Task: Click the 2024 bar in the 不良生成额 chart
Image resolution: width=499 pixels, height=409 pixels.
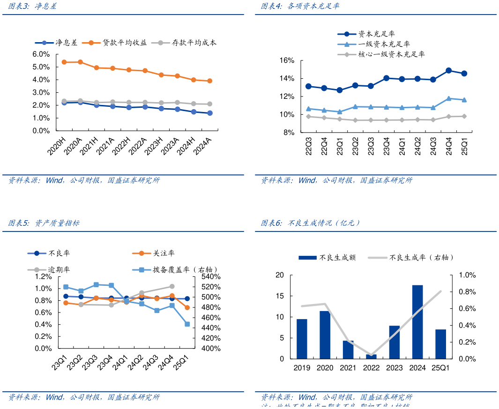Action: pos(417,322)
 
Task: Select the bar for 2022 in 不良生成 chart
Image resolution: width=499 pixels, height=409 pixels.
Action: pos(371,357)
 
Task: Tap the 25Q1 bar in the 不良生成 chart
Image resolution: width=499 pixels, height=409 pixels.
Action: pos(440,344)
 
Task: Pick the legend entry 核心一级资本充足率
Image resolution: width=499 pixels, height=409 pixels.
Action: pos(391,54)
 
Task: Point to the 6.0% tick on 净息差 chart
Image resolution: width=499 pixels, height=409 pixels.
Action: pos(41,54)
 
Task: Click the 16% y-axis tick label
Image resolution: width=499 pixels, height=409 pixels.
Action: pos(287,60)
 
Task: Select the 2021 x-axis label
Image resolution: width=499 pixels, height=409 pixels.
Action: pos(348,368)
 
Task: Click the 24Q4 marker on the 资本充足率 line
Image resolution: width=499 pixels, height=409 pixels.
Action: pos(448,70)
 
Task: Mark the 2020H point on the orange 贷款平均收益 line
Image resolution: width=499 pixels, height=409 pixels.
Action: pos(64,62)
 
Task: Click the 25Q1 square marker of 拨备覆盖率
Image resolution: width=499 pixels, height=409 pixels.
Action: pos(187,324)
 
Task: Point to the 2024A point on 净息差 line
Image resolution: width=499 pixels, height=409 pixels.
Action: pos(209,113)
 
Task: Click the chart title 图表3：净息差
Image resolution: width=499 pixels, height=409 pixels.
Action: pos(33,7)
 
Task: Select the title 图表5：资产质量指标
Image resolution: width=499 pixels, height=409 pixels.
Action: pos(44,223)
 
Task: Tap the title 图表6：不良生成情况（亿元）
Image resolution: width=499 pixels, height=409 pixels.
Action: pos(311,223)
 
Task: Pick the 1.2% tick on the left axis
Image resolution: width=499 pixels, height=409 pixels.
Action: pos(43,276)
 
